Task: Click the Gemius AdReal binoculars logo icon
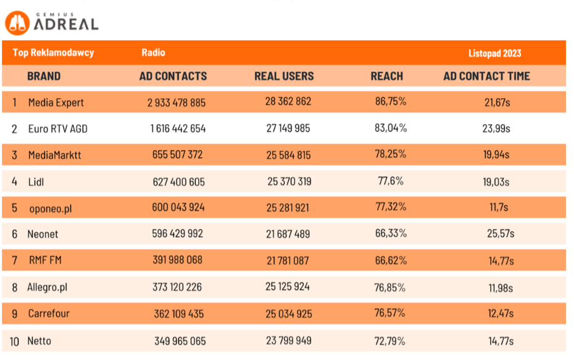click(x=17, y=23)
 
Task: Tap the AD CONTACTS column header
click(x=173, y=77)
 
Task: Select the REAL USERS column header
click(x=284, y=77)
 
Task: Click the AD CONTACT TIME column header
click(x=486, y=77)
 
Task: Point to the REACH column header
click(x=386, y=77)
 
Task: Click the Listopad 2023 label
click(x=494, y=53)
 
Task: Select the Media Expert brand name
click(x=56, y=103)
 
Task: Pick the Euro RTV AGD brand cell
click(x=58, y=129)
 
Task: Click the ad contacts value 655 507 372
click(x=177, y=155)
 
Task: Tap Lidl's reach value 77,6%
click(x=391, y=182)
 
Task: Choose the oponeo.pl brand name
click(x=51, y=208)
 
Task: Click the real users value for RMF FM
click(x=288, y=261)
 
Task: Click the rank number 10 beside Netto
click(x=15, y=341)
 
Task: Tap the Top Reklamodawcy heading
click(x=53, y=53)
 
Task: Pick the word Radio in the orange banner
click(x=153, y=53)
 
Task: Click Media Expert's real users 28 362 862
click(x=288, y=102)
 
